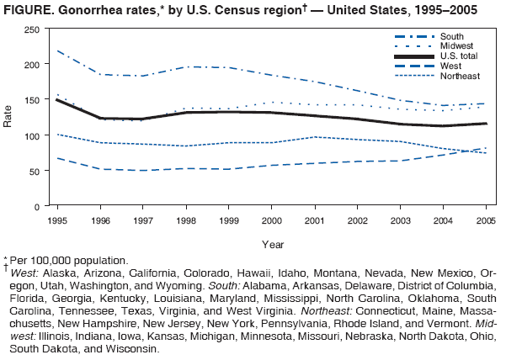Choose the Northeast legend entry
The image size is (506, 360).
[458, 76]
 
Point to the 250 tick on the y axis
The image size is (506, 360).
[31, 29]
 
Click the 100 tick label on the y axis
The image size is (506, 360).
[31, 135]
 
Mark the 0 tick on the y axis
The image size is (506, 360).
[36, 207]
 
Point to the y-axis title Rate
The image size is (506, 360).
[8, 118]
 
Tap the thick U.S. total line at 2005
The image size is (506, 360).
[486, 124]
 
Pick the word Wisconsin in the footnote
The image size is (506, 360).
[130, 348]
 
